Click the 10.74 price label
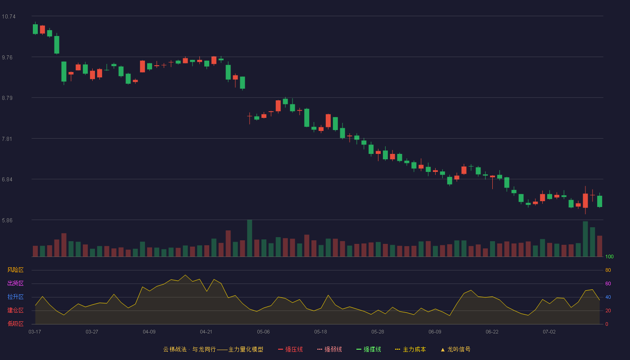[9, 17]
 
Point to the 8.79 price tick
[7, 98]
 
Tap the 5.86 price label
[7, 220]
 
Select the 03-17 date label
[35, 332]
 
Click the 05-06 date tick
[263, 332]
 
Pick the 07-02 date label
[549, 332]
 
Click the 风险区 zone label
[15, 270]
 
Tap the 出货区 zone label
[15, 283]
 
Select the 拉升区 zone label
[15, 297]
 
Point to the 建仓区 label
[15, 310]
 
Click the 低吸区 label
[15, 324]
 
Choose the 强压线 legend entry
[290, 349]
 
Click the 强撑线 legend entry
[369, 349]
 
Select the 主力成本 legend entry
[410, 349]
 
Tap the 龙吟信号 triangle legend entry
[455, 349]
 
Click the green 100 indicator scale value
[609, 256]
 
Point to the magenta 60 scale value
[608, 283]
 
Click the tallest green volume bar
[249, 238]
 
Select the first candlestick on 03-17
[35, 29]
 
